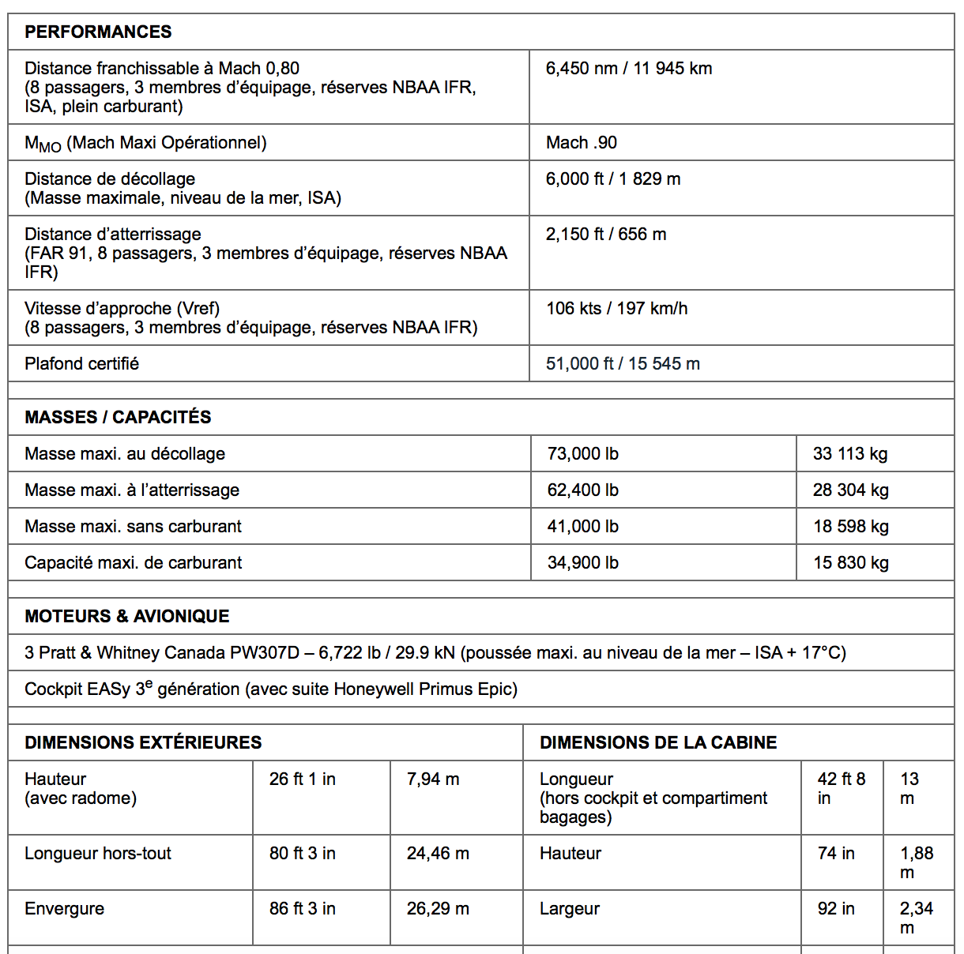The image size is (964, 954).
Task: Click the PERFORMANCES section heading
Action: coord(98,32)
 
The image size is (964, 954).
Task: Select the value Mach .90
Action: coord(581,143)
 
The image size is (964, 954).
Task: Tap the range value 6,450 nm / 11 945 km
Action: coord(628,69)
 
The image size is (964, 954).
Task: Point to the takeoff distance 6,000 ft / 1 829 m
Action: coord(612,179)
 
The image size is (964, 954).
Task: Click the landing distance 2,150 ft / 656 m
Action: coord(605,235)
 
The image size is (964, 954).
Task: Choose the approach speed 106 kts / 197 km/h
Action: coord(616,309)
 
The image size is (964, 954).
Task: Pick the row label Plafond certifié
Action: coord(81,364)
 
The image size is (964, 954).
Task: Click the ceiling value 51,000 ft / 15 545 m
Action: coord(623,364)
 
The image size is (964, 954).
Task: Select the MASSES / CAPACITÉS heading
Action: coord(118,417)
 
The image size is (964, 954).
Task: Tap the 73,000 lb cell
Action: coord(582,454)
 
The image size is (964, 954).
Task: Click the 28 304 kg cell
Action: coord(850,490)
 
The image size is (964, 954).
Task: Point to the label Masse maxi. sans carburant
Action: coord(133,527)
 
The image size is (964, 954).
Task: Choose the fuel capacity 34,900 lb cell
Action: coord(582,563)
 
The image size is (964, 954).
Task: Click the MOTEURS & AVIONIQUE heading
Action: coord(126,616)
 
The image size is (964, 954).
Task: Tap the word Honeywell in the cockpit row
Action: coord(374,689)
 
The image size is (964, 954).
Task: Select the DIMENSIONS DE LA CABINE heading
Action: coord(657,742)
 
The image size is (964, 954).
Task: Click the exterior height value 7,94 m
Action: coord(432,779)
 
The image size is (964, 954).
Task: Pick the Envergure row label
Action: coord(64,909)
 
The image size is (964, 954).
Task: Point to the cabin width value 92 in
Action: coord(835,909)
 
